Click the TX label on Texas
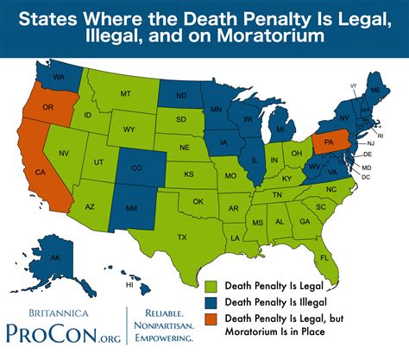pos(182,237)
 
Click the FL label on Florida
pos(324,257)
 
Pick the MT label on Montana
pos(126,92)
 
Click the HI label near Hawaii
pos(129,284)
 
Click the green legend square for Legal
pos(211,283)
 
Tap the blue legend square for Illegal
pos(211,301)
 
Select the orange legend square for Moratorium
pos(211,319)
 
